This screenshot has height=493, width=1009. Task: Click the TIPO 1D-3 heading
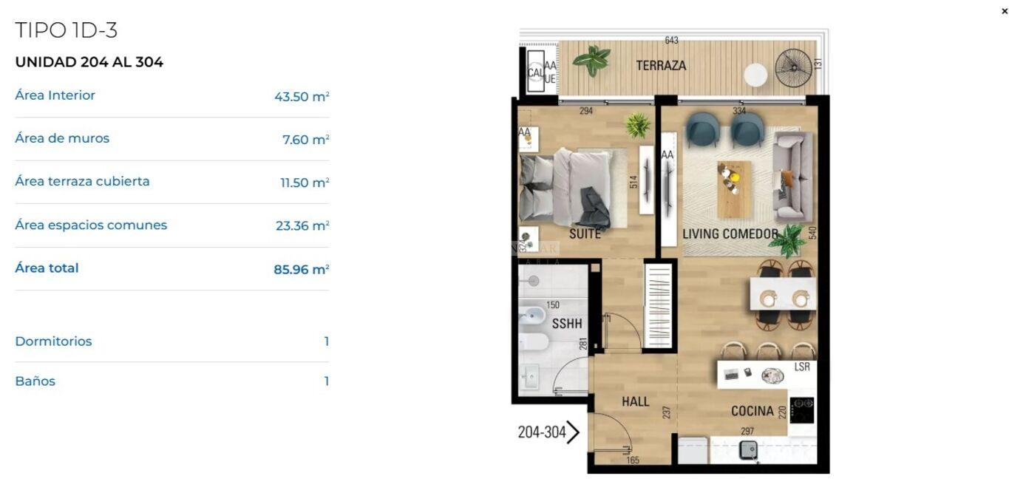pos(67,30)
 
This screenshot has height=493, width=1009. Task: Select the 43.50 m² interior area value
pos(302,96)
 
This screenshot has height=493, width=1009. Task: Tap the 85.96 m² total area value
pos(302,269)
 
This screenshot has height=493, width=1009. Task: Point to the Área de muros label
pos(62,138)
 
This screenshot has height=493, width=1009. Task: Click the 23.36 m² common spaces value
pos(302,225)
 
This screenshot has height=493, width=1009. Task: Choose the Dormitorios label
pos(53,341)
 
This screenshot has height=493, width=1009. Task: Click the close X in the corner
pos(1004,11)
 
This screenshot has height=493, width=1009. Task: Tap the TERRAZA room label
pos(661,66)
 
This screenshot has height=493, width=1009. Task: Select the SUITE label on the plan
pos(585,234)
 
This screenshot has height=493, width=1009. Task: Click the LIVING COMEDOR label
pos(730,234)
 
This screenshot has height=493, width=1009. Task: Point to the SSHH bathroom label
pos(567,323)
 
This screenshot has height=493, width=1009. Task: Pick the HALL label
pos(635,401)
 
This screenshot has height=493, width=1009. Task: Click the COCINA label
pos(752,411)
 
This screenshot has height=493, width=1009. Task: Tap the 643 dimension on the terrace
pos(671,41)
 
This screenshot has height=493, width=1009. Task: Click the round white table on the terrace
pos(755,75)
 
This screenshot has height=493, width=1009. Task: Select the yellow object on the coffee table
pos(735,177)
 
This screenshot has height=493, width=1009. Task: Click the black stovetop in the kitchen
pos(802,410)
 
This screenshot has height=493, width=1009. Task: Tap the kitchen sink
pos(748,450)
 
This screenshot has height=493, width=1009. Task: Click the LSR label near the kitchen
pos(802,367)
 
